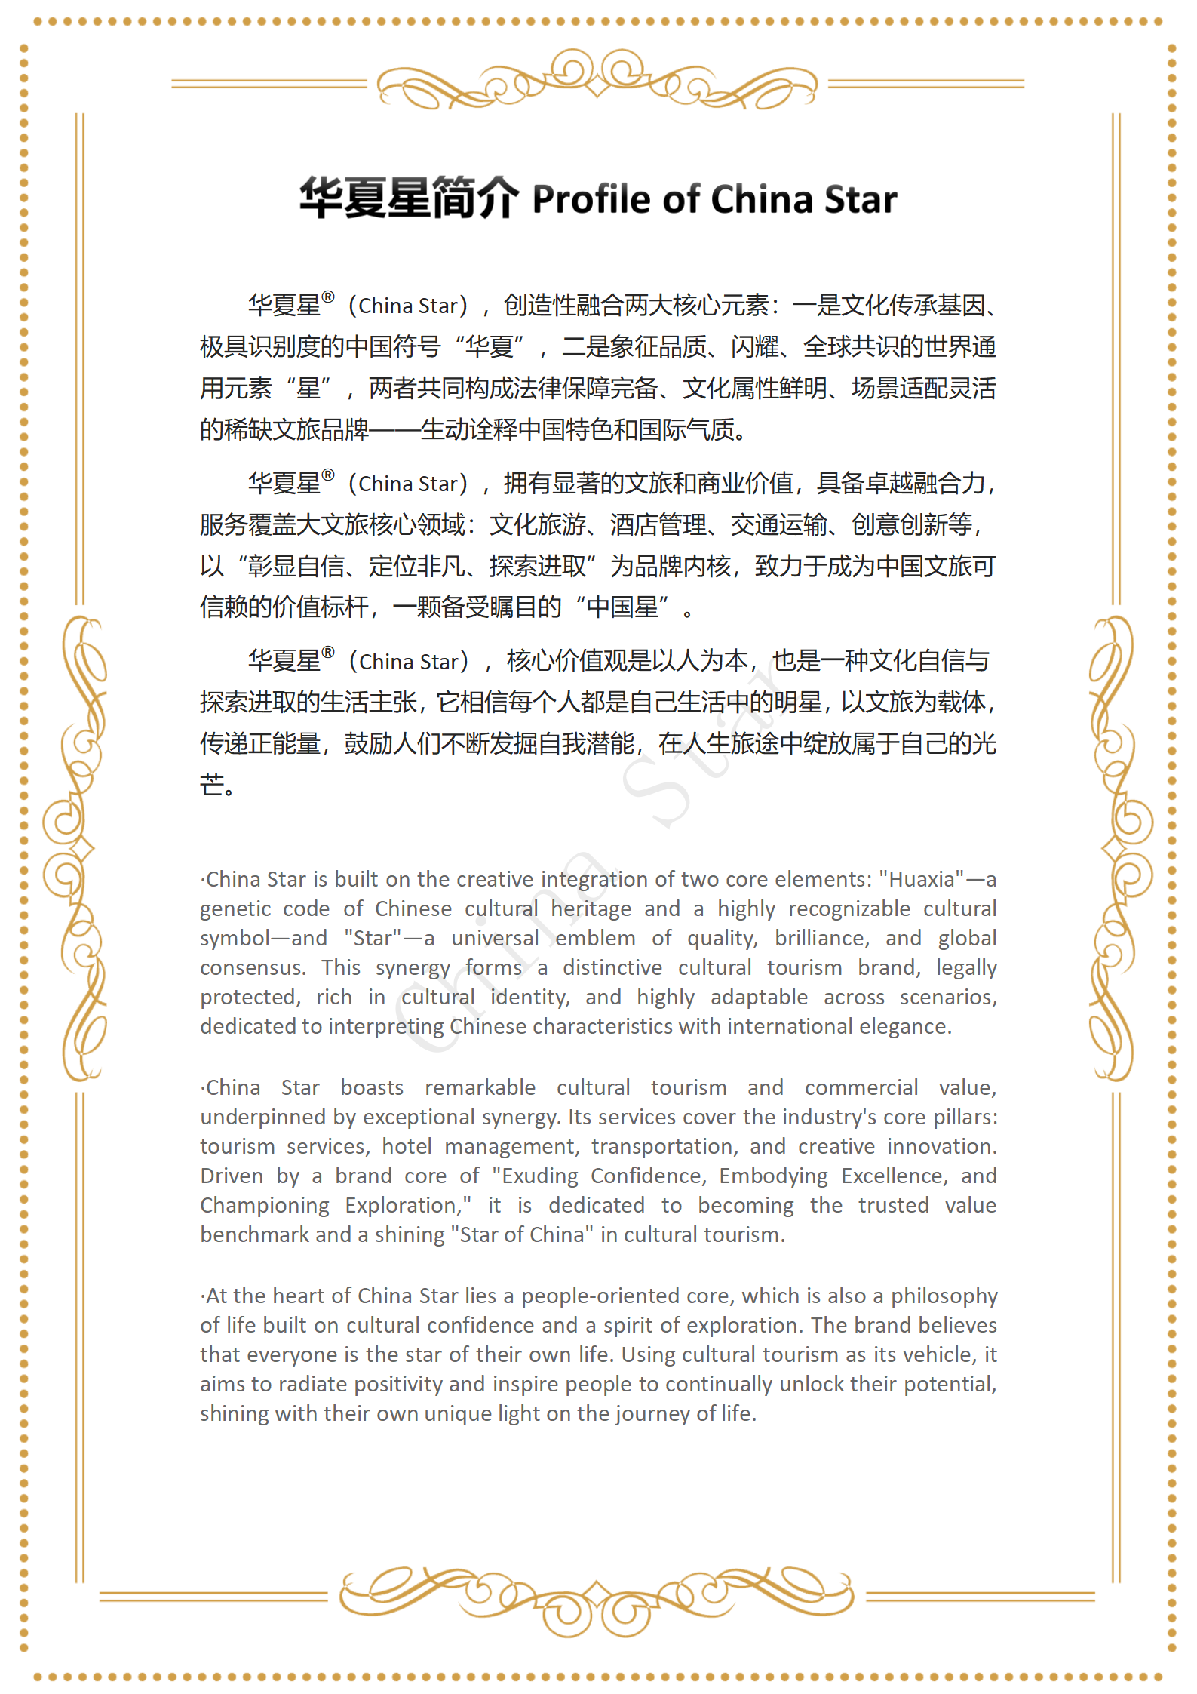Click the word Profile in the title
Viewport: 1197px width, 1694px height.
coord(591,200)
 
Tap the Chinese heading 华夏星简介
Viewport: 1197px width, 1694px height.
coord(409,198)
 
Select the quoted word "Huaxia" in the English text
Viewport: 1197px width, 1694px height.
coord(921,880)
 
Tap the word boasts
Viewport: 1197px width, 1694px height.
coord(372,1088)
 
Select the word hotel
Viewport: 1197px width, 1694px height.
coord(407,1147)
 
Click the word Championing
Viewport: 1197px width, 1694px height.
coord(265,1206)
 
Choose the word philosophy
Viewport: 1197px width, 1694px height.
coord(944,1296)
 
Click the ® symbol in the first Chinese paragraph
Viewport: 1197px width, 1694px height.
coord(328,297)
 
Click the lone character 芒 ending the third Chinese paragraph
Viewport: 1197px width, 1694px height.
coord(212,786)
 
